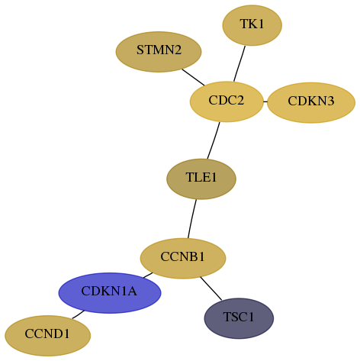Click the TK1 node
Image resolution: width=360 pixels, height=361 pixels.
252,25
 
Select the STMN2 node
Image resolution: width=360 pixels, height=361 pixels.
159,52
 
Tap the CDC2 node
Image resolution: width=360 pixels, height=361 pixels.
227,102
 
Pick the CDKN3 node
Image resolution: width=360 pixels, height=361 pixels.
311,102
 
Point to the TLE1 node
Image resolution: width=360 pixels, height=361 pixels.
201,179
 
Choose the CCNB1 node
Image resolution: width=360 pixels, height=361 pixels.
183,258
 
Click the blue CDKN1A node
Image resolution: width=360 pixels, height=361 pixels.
110,293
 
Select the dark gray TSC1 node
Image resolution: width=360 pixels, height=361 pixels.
239,318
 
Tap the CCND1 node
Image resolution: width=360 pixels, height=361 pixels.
47,336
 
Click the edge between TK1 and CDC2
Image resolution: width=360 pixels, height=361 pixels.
239,63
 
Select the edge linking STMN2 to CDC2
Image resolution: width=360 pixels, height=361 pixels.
193,77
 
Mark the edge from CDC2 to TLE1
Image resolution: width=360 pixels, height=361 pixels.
214,140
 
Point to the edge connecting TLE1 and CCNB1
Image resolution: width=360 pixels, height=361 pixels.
192,219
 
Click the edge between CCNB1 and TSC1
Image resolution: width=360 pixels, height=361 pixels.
211,288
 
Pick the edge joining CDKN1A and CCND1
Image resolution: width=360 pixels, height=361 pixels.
78,314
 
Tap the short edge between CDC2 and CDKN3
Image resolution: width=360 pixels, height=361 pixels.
265,102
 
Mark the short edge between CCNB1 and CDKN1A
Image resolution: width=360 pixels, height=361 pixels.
148,276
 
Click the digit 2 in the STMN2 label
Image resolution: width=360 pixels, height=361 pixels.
178,50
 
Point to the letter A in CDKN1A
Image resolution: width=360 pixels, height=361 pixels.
132,291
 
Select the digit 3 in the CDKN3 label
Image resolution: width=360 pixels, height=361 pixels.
330,101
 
